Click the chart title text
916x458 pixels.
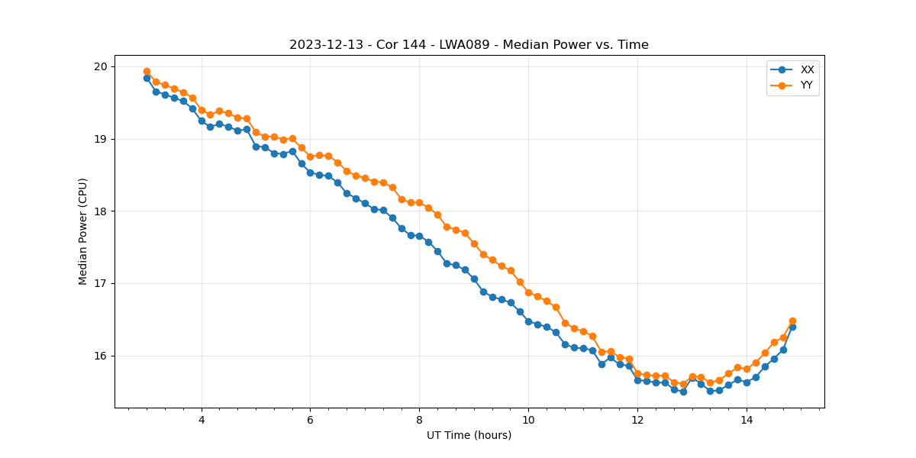(x=469, y=45)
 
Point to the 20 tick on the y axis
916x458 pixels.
(x=101, y=66)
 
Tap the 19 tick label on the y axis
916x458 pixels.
(x=101, y=139)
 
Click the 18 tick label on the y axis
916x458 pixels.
(x=101, y=211)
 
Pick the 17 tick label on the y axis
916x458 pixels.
(x=101, y=283)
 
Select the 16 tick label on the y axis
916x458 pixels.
(x=101, y=356)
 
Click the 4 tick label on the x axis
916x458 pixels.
(x=202, y=420)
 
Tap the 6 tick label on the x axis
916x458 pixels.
(x=310, y=420)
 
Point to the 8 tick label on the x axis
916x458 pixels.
(x=419, y=420)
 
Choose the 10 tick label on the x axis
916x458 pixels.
(x=528, y=420)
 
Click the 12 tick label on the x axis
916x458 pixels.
(x=637, y=420)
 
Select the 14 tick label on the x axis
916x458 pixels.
(x=747, y=420)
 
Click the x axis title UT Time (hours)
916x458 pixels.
(x=469, y=435)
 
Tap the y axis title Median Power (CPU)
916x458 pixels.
(x=83, y=231)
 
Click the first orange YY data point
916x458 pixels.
(x=147, y=71)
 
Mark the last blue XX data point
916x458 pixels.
(x=792, y=327)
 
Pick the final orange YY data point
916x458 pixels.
(x=792, y=321)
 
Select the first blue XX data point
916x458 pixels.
(x=147, y=78)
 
